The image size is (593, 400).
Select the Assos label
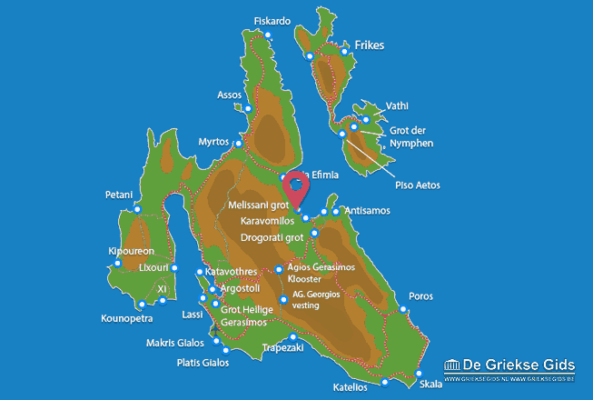coord(230,95)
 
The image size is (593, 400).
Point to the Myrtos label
coord(215,142)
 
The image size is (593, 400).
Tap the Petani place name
coord(119,195)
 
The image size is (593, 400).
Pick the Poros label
coord(421,296)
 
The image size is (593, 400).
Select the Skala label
coord(432,384)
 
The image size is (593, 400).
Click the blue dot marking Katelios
coord(385,382)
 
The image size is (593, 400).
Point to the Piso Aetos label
coord(417,185)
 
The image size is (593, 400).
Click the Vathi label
coord(397,105)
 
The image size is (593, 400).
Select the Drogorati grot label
coord(272,237)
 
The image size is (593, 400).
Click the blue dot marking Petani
coord(137,210)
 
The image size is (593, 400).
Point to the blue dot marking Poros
coord(402,310)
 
